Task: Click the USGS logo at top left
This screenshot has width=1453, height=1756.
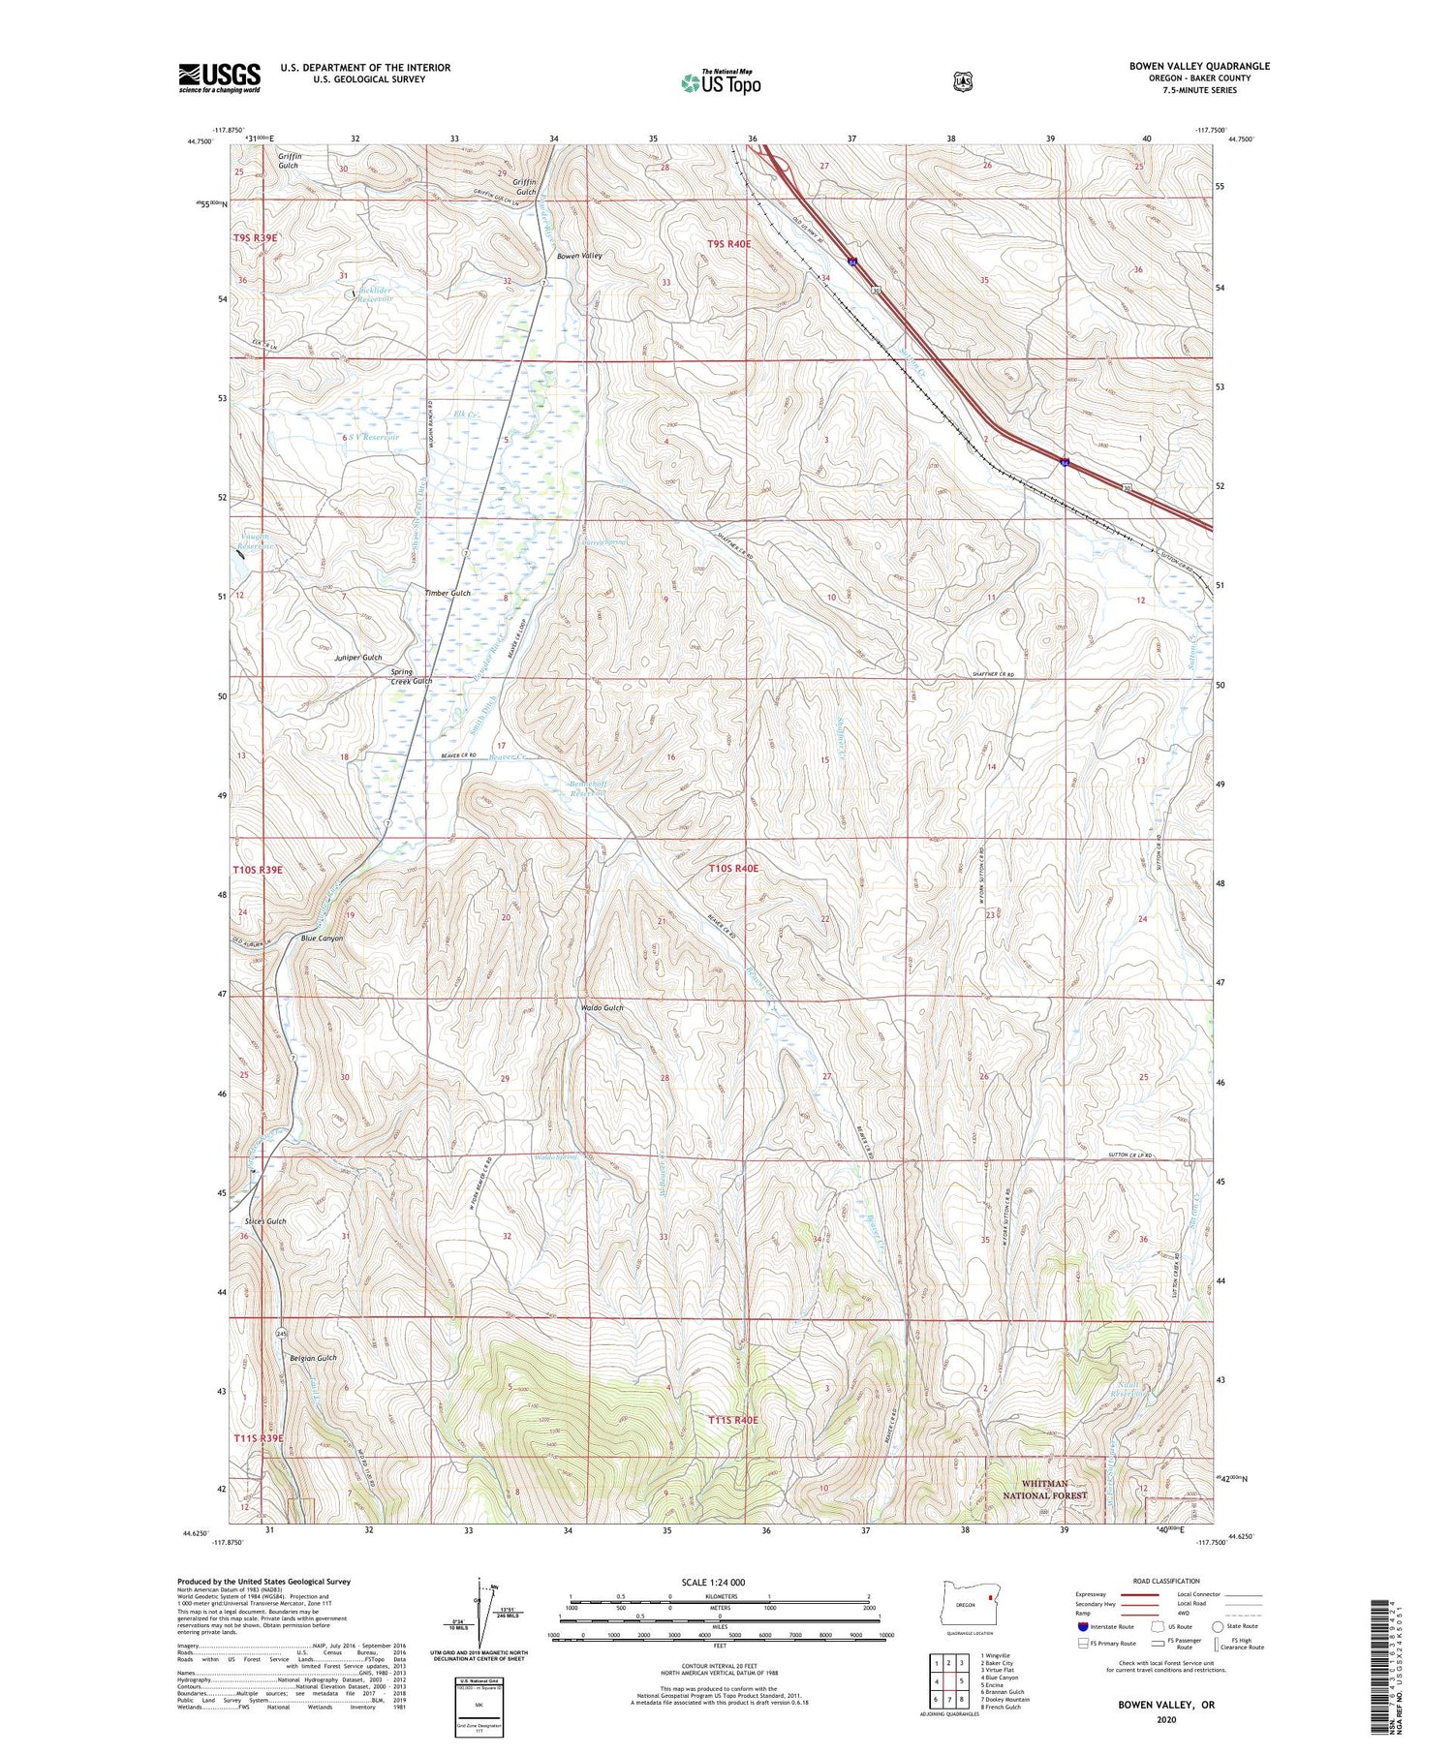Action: click(220, 77)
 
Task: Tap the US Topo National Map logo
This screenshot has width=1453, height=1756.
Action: click(722, 82)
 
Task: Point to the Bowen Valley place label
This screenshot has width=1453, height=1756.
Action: click(579, 256)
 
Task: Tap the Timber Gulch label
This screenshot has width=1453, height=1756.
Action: click(448, 593)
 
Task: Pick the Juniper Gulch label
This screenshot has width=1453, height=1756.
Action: click(357, 658)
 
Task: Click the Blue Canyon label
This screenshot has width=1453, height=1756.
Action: click(322, 939)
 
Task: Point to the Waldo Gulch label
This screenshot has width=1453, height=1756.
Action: click(602, 1008)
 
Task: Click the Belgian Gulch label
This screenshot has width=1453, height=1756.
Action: click(313, 1358)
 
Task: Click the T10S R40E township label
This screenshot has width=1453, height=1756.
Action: click(733, 869)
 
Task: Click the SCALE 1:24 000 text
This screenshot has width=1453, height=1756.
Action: click(713, 1582)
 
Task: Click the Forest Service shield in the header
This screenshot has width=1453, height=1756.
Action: click(962, 82)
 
